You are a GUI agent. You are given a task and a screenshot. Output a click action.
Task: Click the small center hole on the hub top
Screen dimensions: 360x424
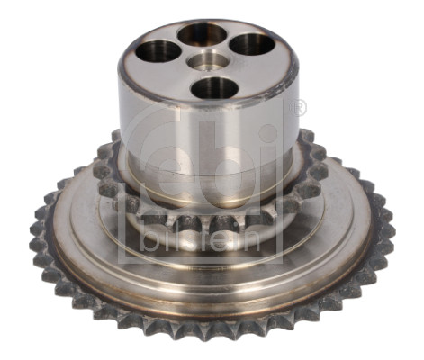tap(207, 60)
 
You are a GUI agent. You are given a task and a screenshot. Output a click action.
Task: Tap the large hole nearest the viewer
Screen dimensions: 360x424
tap(214, 88)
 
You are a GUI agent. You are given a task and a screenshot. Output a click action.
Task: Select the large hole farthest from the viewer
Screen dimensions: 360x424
tap(201, 34)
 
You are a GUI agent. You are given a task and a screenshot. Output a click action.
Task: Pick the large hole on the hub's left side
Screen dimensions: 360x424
tap(159, 50)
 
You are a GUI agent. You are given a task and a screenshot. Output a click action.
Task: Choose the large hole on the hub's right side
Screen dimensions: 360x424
tap(252, 44)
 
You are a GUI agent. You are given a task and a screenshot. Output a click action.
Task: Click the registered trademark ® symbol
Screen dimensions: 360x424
tap(300, 108)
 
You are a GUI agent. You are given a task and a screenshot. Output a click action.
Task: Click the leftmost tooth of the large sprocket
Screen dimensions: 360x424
tap(37, 229)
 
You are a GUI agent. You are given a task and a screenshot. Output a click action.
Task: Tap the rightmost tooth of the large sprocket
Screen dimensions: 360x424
tap(387, 225)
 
